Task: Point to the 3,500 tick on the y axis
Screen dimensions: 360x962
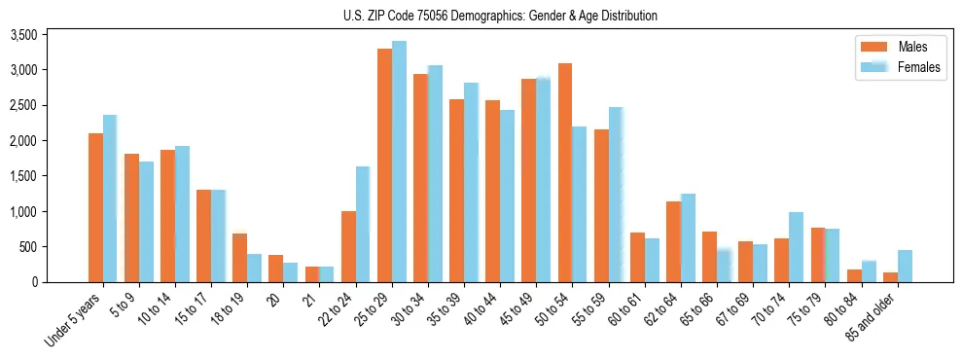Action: [21, 35]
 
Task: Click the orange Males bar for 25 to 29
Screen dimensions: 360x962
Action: [384, 165]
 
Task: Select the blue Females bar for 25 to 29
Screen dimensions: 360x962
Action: [399, 162]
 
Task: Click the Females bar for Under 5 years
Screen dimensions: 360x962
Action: [110, 198]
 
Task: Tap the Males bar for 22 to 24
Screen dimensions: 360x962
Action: [348, 246]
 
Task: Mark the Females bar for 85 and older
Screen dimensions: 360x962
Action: [905, 266]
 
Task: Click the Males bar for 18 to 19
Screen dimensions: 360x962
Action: [239, 258]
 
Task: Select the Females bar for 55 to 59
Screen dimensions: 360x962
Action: [616, 195]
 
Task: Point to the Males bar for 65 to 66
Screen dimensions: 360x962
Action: [709, 257]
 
